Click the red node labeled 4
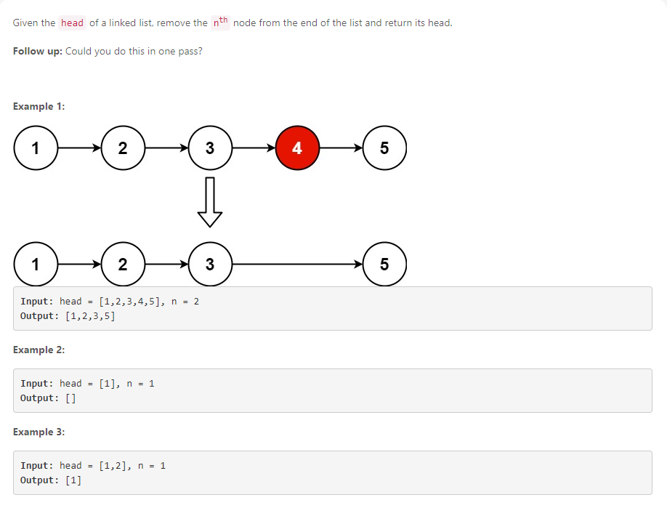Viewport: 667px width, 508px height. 296,148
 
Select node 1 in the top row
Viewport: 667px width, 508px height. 35,148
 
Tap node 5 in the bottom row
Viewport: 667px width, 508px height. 384,264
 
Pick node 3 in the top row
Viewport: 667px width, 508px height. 209,148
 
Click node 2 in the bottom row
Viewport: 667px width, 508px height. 122,264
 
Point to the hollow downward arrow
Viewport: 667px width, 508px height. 209,201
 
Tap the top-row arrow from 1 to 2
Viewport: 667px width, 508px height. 78,148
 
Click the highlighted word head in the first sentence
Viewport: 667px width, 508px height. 72,23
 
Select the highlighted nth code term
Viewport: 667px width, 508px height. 220,23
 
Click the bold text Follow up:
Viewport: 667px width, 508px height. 38,52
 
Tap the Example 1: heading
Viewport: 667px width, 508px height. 39,107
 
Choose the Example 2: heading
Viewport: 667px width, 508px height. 39,350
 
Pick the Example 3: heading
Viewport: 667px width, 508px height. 39,432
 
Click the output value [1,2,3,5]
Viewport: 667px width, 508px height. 90,316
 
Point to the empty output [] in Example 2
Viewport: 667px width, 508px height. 70,398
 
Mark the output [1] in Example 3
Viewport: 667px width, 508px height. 73,480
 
